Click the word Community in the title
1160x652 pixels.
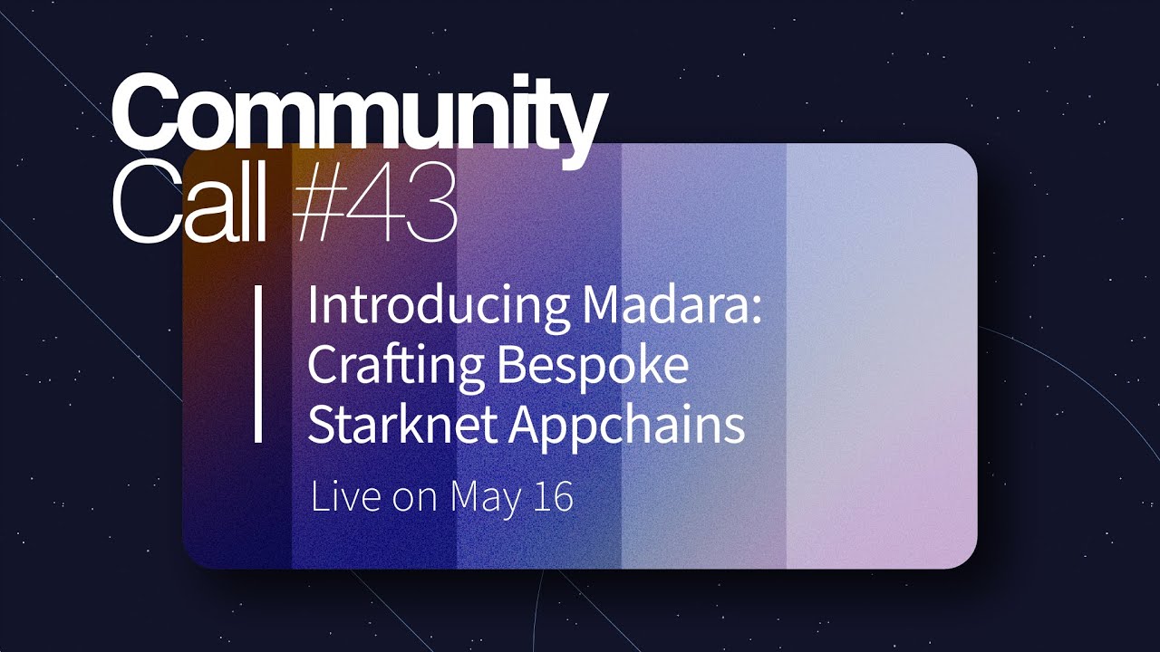[x=358, y=116]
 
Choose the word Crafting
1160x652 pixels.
[x=395, y=367]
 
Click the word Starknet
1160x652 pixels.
[x=401, y=425]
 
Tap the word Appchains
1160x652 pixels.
[x=626, y=427]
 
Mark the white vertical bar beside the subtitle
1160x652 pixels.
[x=258, y=364]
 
